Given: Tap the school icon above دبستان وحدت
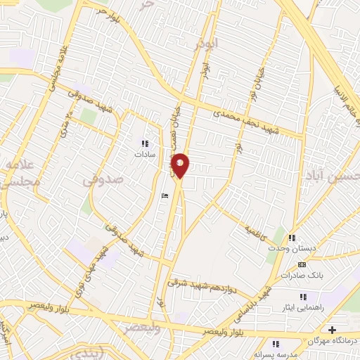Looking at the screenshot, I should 292,238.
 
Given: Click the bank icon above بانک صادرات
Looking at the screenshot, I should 302,265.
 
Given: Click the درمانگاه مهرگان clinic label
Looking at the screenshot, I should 332,340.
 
